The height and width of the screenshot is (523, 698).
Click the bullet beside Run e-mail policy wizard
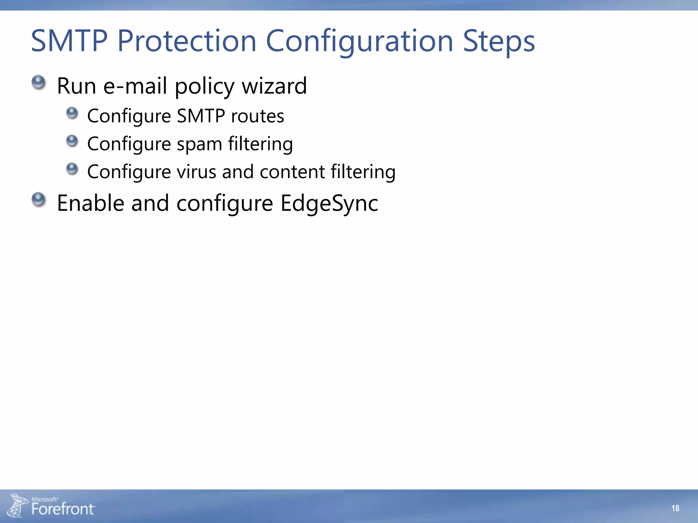39,83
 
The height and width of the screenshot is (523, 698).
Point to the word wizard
274,86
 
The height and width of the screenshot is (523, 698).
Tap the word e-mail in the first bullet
135,86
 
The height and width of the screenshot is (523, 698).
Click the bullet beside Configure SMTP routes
72,113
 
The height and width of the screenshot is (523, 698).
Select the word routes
257,116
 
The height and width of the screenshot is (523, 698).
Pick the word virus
196,172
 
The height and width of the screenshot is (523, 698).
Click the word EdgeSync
329,204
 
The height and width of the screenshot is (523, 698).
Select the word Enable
91,203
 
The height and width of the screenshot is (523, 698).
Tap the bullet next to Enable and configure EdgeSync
39,200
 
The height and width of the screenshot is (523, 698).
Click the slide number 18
675,508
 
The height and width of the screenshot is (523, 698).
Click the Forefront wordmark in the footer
63,509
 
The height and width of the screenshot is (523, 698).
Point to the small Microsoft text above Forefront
45,499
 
